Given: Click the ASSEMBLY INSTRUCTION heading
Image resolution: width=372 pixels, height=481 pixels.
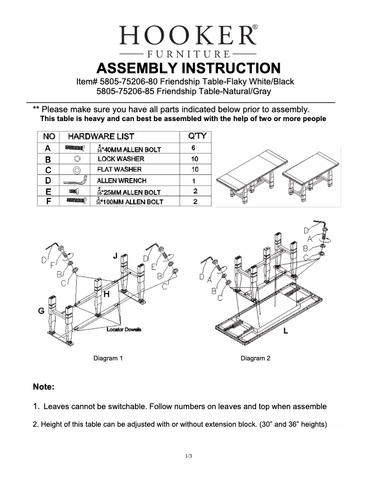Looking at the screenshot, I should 188,68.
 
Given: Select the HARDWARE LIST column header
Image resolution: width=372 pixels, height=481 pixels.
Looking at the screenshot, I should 101,136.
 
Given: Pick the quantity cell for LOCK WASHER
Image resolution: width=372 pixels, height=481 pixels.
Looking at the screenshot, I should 195,159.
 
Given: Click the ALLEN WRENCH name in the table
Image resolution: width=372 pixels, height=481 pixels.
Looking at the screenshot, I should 122,180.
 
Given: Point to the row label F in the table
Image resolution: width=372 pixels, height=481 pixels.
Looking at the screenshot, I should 48,202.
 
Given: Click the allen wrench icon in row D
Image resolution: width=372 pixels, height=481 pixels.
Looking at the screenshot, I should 75,180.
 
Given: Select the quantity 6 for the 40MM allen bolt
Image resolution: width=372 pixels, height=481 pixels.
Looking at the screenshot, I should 193,148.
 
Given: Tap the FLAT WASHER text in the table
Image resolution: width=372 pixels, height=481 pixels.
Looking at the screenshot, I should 119,169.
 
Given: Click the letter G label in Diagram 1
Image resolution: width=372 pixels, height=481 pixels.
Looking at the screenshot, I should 41,311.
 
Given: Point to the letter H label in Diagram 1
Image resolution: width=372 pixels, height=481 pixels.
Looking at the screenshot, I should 106,294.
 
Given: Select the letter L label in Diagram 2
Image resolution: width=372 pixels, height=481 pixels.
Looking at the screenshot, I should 286,331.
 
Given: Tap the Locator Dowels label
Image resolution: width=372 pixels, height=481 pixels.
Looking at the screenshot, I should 124,329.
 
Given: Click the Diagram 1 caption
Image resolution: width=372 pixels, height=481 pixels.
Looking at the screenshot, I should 108,358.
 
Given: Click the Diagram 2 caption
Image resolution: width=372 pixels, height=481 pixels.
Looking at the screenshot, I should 255,358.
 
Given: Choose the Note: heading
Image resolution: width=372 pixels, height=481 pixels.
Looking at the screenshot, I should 44,386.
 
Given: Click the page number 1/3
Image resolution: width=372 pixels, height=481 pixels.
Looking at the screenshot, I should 188,456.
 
